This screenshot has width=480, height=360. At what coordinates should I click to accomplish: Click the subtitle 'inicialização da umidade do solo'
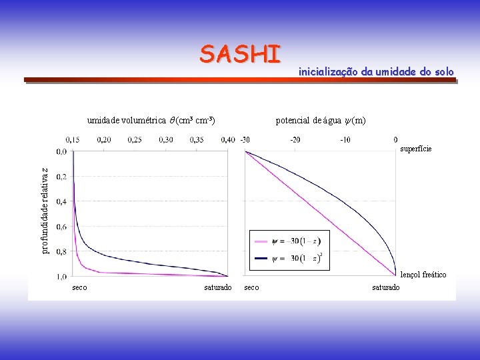[x=376, y=71]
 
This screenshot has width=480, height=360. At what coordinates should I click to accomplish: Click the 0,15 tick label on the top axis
[x=73, y=139]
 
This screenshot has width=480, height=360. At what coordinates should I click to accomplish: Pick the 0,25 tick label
[x=135, y=139]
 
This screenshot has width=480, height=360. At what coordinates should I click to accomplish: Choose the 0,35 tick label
[x=197, y=139]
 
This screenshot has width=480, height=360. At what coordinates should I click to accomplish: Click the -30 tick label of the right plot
[x=245, y=139]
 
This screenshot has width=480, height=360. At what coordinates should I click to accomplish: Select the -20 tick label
[x=295, y=139]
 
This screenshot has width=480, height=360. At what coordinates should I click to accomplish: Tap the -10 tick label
[x=345, y=139]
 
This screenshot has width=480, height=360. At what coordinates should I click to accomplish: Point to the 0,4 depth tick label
[x=61, y=201]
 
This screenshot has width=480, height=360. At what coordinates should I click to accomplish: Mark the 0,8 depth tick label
[x=61, y=251]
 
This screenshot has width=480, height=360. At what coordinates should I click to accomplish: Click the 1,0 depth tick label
[x=61, y=276]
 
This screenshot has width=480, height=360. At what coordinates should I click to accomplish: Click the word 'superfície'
[x=416, y=149]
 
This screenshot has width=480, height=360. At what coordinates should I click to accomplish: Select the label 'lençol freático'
[x=423, y=275]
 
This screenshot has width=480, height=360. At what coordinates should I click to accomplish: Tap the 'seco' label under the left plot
[x=79, y=287]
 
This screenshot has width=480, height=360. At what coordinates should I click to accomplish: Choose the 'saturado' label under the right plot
[x=386, y=287]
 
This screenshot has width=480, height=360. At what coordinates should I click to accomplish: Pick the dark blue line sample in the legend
[x=261, y=258]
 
